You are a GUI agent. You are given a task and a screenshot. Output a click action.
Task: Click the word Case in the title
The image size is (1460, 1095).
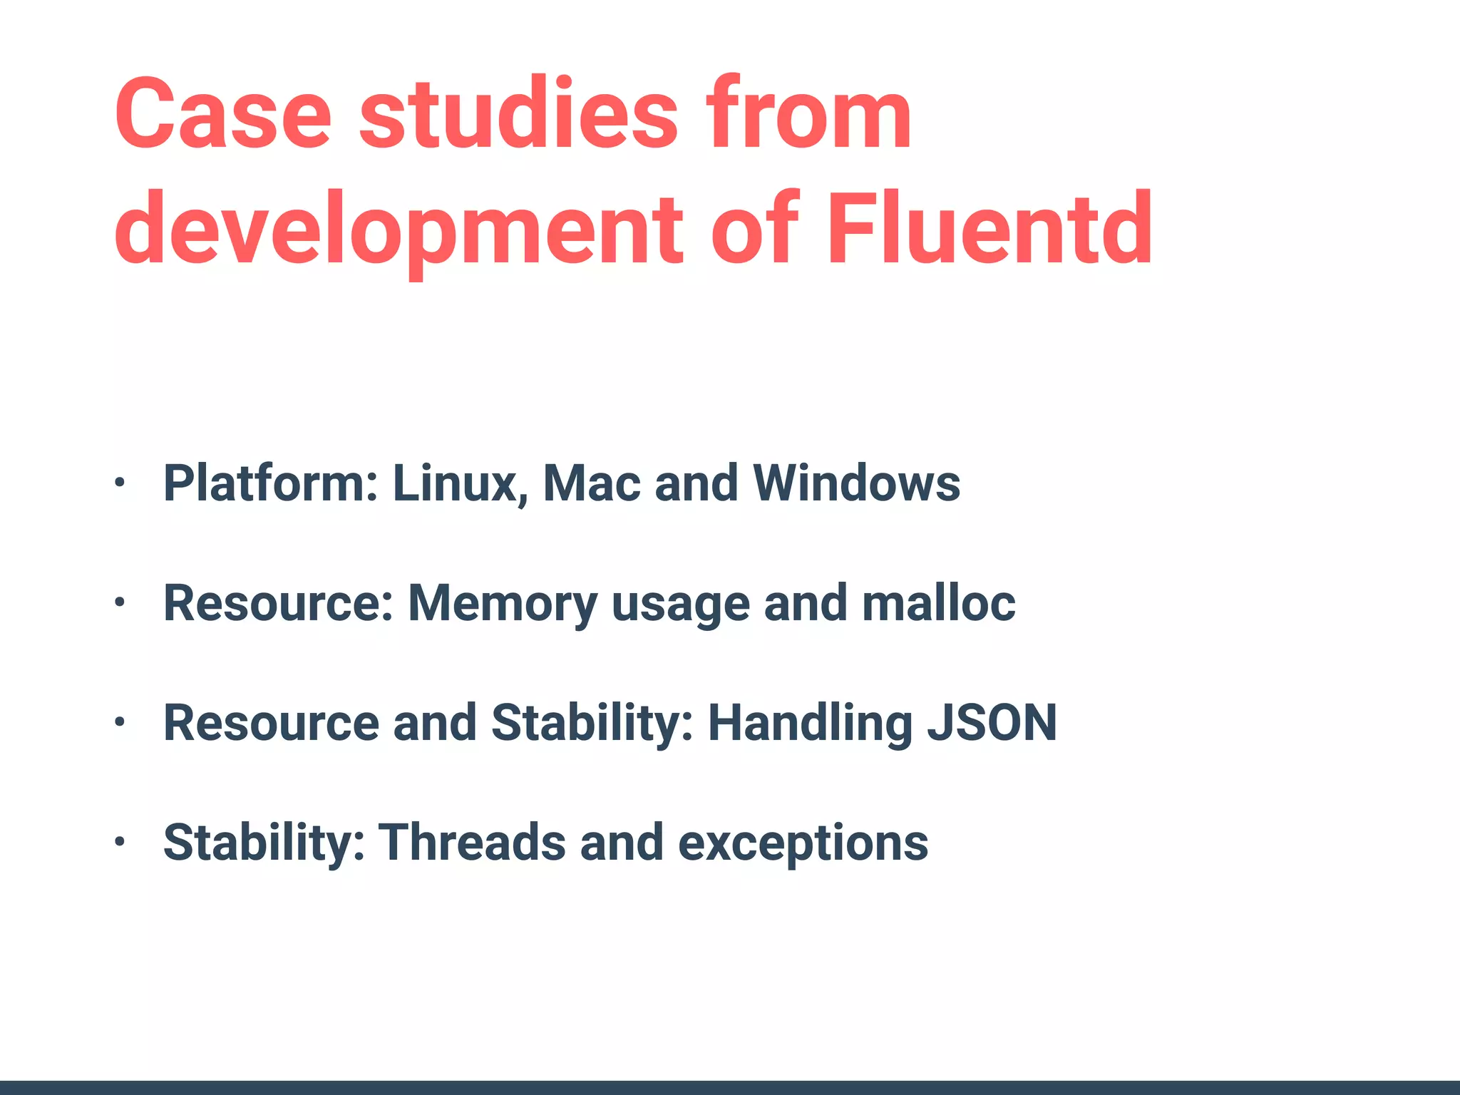pyautogui.click(x=222, y=114)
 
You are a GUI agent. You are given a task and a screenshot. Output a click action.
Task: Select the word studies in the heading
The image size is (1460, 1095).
pyautogui.click(x=518, y=114)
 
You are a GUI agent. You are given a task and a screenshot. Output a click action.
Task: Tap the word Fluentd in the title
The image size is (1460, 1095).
pyautogui.click(x=989, y=230)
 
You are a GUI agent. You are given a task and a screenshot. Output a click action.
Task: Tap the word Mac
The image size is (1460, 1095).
pyautogui.click(x=592, y=483)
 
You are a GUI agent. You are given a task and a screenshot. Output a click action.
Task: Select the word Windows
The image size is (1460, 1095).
pyautogui.click(x=857, y=483)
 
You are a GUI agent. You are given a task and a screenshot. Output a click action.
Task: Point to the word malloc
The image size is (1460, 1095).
pyautogui.click(x=938, y=603)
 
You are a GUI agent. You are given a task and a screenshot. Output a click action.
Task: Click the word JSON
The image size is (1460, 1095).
pyautogui.click(x=992, y=723)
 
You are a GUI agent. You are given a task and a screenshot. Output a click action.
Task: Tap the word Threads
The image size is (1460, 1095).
pyautogui.click(x=472, y=843)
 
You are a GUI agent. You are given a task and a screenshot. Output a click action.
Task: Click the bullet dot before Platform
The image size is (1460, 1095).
pyautogui.click(x=120, y=483)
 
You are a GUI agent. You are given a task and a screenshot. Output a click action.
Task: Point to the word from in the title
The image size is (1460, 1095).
pyautogui.click(x=808, y=114)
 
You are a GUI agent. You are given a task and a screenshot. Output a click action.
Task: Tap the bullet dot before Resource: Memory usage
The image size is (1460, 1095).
pyautogui.click(x=120, y=603)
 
